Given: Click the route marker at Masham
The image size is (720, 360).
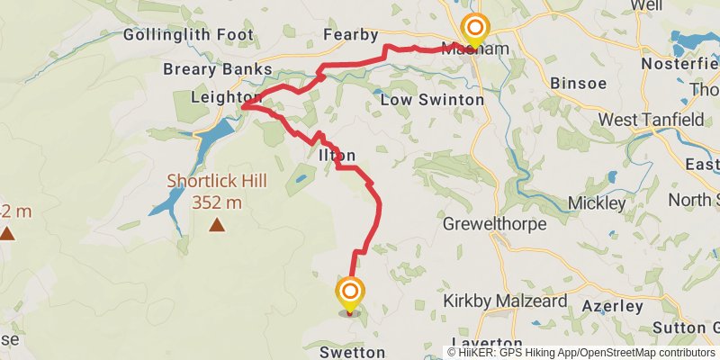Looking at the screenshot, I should pyautogui.click(x=472, y=30).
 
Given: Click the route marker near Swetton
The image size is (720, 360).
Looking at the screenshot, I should pyautogui.click(x=350, y=293).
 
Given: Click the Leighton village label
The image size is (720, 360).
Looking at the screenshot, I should pyautogui.click(x=225, y=97).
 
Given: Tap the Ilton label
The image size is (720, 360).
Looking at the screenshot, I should pyautogui.click(x=337, y=155).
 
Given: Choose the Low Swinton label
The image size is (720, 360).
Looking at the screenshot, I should pyautogui.click(x=431, y=99).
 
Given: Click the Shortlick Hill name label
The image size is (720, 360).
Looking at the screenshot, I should pyautogui.click(x=217, y=181).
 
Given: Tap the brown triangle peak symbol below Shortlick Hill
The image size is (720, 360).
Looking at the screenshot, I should pyautogui.click(x=216, y=224).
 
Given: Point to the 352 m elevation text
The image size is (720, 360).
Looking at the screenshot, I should pyautogui.click(x=217, y=202).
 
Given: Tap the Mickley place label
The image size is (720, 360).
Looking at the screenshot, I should pyautogui.click(x=598, y=203).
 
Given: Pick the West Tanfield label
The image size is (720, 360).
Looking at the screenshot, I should pyautogui.click(x=645, y=120).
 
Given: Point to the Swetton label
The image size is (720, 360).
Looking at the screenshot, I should pyautogui.click(x=352, y=353).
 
